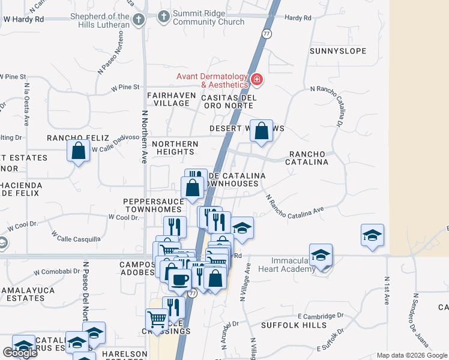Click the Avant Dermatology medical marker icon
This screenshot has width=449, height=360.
tap(258, 79)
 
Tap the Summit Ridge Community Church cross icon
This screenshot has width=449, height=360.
tap(164, 17)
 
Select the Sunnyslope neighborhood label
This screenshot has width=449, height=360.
tap(338, 51)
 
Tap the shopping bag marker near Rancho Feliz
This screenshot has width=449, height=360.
tap(79, 151)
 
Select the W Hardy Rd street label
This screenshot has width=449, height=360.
tap(24, 19)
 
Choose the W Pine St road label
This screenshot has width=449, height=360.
tap(125, 88)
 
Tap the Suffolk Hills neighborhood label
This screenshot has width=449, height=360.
tap(294, 325)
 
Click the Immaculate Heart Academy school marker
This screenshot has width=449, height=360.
tap(321, 255)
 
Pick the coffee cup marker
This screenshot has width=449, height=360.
tap(179, 279)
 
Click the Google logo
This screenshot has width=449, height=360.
tap(20, 353)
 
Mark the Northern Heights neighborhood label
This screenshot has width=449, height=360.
tap(175, 148)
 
